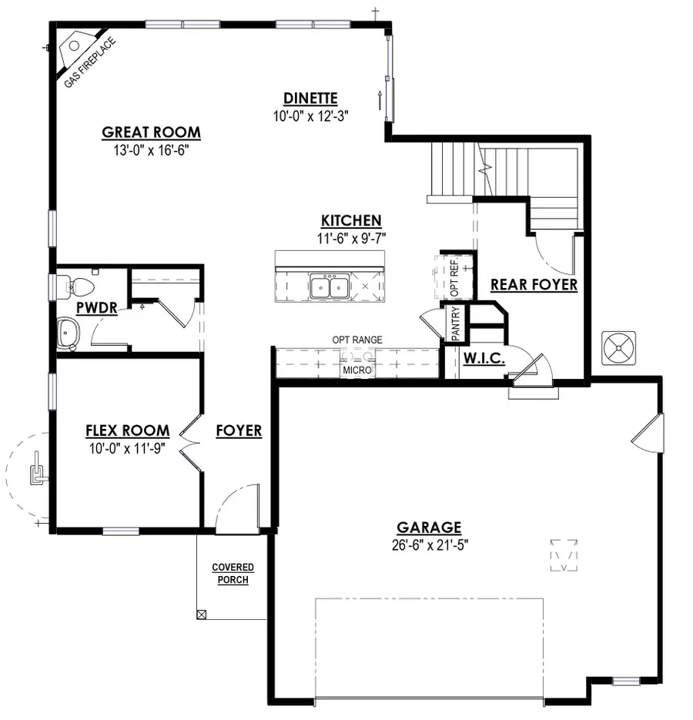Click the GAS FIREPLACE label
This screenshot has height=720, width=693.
[89, 62]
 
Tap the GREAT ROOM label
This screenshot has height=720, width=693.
[151, 132]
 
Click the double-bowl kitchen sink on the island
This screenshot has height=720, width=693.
[330, 287]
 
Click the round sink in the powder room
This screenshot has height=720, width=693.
[69, 334]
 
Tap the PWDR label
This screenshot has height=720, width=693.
[96, 309]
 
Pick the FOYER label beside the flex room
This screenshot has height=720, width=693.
[239, 431]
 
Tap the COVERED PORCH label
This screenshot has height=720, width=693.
[233, 574]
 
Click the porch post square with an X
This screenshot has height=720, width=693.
[202, 615]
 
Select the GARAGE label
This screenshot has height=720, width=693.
[429, 527]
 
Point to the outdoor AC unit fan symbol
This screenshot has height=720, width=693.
[619, 348]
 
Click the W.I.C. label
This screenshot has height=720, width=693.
[484, 358]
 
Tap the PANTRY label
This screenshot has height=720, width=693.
[456, 323]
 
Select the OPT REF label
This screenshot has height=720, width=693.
[454, 277]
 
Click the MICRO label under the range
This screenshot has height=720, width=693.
[357, 371]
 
